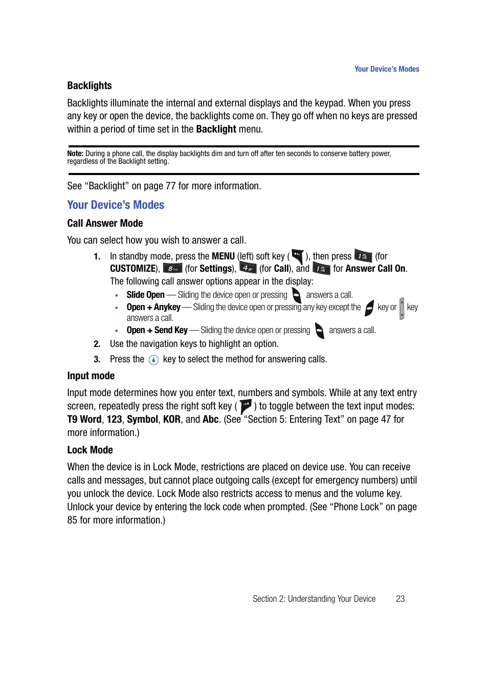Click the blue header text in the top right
pyautogui.click(x=386, y=69)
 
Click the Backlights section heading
pyautogui.click(x=90, y=85)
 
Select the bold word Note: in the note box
pyautogui.click(x=75, y=154)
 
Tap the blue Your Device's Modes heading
pyautogui.click(x=116, y=205)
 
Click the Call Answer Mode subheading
pyautogui.click(x=105, y=223)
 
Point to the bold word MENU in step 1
pyautogui.click(x=223, y=256)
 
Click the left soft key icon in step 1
pyautogui.click(x=298, y=256)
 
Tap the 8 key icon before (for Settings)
pyautogui.click(x=172, y=269)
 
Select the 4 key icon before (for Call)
pyautogui.click(x=248, y=268)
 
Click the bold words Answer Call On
pyautogui.click(x=375, y=269)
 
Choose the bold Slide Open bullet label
pyautogui.click(x=145, y=295)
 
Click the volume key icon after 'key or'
pyautogui.click(x=402, y=308)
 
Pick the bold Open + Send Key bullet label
pyautogui.click(x=157, y=330)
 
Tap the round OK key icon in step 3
pyautogui.click(x=153, y=360)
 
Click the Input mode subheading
pyautogui.click(x=91, y=376)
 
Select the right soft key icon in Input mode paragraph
pyautogui.click(x=246, y=406)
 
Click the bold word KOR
pyautogui.click(x=171, y=420)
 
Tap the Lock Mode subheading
pyautogui.click(x=90, y=450)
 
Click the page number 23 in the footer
pyautogui.click(x=400, y=599)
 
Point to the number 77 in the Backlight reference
pyautogui.click(x=170, y=186)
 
